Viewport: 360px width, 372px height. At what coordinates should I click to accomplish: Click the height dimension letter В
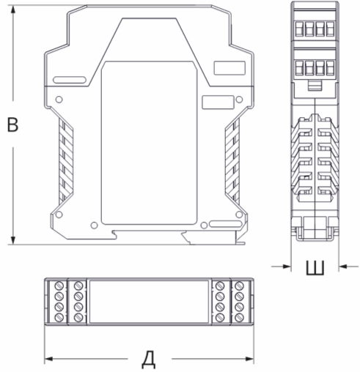(12, 124)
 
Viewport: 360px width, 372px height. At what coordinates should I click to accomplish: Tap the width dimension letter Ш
(315, 268)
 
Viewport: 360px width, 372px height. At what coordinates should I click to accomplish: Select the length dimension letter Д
(149, 360)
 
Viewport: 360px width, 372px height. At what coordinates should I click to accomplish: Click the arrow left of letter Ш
(281, 267)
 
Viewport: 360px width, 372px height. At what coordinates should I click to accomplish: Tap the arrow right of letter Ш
(349, 267)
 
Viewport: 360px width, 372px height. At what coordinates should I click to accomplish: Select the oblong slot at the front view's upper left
(70, 80)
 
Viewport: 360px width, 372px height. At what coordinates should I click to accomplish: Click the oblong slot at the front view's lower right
(225, 224)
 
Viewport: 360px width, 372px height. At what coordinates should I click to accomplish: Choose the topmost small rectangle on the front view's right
(229, 68)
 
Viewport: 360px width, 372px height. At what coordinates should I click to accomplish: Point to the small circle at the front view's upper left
(59, 100)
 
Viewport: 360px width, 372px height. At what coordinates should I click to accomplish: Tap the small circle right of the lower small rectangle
(239, 100)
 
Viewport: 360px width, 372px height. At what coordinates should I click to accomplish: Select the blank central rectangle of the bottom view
(149, 302)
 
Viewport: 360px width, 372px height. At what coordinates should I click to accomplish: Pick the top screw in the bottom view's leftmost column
(59, 286)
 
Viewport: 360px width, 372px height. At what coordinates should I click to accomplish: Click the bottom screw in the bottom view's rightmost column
(239, 317)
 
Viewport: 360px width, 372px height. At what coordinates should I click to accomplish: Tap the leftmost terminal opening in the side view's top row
(299, 29)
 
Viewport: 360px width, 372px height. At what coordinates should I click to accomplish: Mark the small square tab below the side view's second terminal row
(315, 85)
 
